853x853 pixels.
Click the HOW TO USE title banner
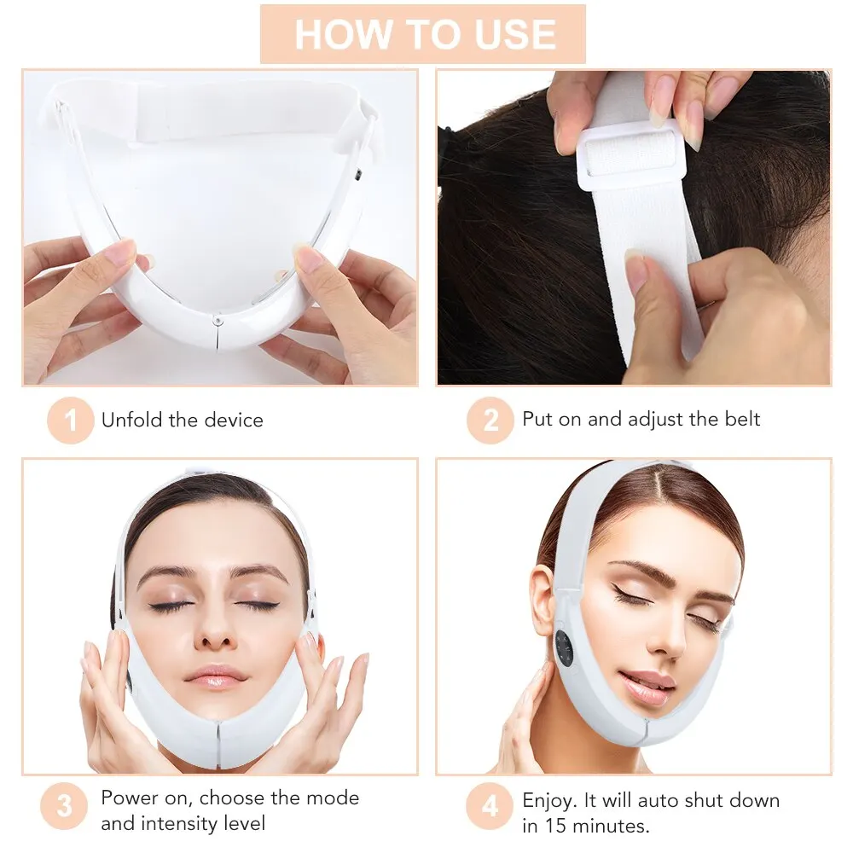(x=423, y=34)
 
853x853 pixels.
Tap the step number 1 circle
(x=70, y=420)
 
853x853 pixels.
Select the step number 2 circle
(x=490, y=420)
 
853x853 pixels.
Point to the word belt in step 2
(x=739, y=419)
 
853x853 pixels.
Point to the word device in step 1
(x=235, y=420)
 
